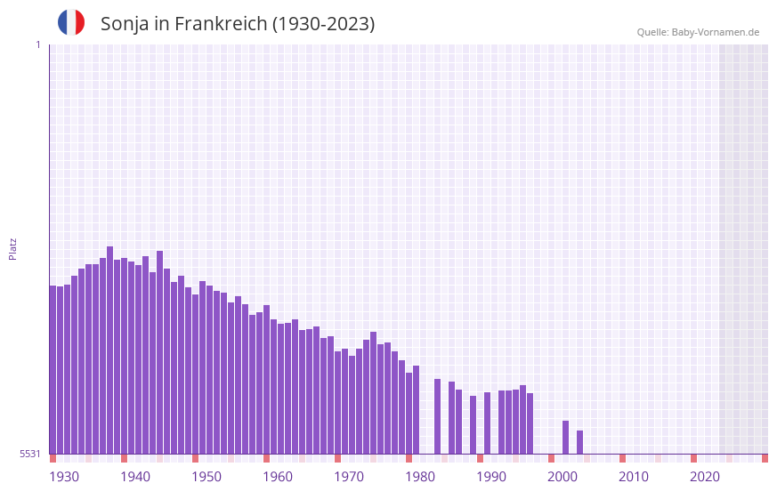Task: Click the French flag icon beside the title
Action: click(x=71, y=22)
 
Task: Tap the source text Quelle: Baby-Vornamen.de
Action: click(x=698, y=32)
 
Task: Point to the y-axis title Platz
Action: click(x=12, y=248)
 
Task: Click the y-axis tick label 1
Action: click(x=37, y=44)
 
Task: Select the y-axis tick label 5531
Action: click(x=30, y=454)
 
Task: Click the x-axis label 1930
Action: click(x=64, y=477)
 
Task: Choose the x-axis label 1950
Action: click(x=206, y=477)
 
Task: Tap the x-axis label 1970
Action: click(x=349, y=477)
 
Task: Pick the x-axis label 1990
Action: click(x=491, y=477)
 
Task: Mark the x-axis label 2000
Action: click(x=563, y=477)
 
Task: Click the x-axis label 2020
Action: click(x=705, y=477)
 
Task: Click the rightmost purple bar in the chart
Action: click(x=579, y=442)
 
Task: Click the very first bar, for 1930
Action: click(x=53, y=369)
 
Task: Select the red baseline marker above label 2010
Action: click(x=622, y=458)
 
